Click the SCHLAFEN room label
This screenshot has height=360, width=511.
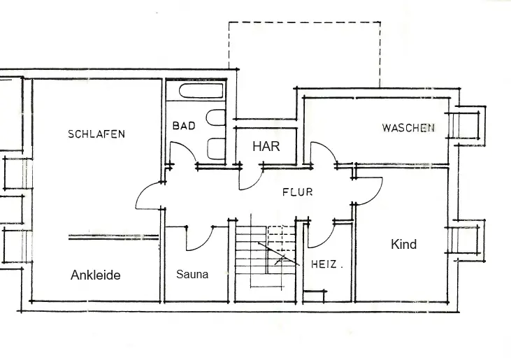tap(96, 134)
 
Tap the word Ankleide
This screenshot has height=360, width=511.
tap(96, 275)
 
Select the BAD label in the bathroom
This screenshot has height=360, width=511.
tap(184, 125)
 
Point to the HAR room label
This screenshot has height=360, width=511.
tap(266, 147)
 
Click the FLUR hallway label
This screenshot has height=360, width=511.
tap(298, 192)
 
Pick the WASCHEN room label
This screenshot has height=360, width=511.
tap(408, 127)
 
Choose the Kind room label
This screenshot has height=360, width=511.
tap(404, 244)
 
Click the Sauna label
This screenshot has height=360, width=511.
tap(192, 274)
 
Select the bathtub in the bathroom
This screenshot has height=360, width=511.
tap(202, 91)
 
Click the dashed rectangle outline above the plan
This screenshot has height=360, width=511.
tap(305, 22)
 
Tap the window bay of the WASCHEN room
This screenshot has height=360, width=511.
tap(466, 125)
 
